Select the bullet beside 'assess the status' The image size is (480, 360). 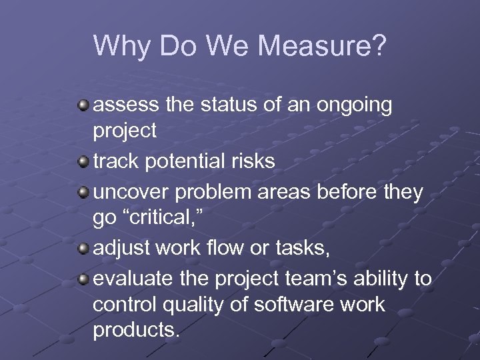coord(83,105)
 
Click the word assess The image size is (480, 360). coord(125,105)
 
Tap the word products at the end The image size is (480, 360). coord(136,330)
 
